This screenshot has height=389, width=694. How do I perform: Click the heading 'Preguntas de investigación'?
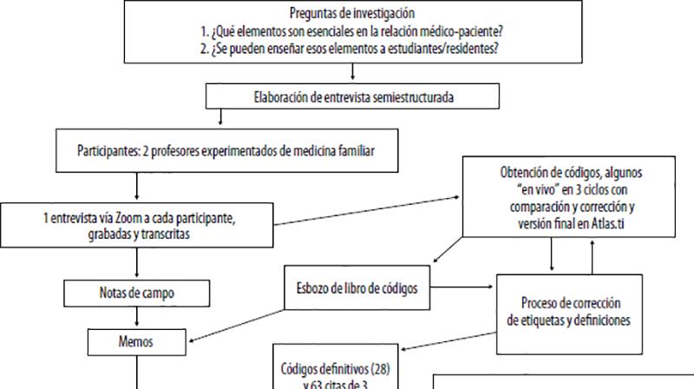[345, 13]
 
